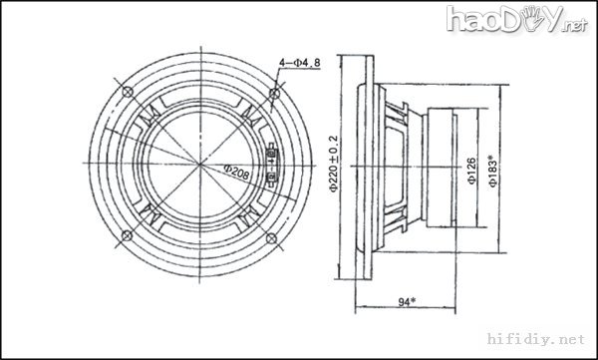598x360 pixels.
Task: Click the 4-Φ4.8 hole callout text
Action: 300,63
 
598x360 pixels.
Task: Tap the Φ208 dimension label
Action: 237,173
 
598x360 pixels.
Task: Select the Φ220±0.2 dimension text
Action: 334,164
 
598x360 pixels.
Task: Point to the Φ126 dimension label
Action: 471,171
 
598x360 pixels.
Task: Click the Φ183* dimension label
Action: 492,171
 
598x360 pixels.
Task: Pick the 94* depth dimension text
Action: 407,302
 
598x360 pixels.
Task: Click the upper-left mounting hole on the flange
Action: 128,92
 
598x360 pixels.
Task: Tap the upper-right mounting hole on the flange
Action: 275,93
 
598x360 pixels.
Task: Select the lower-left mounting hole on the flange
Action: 127,235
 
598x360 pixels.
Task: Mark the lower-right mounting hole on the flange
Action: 271,239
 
